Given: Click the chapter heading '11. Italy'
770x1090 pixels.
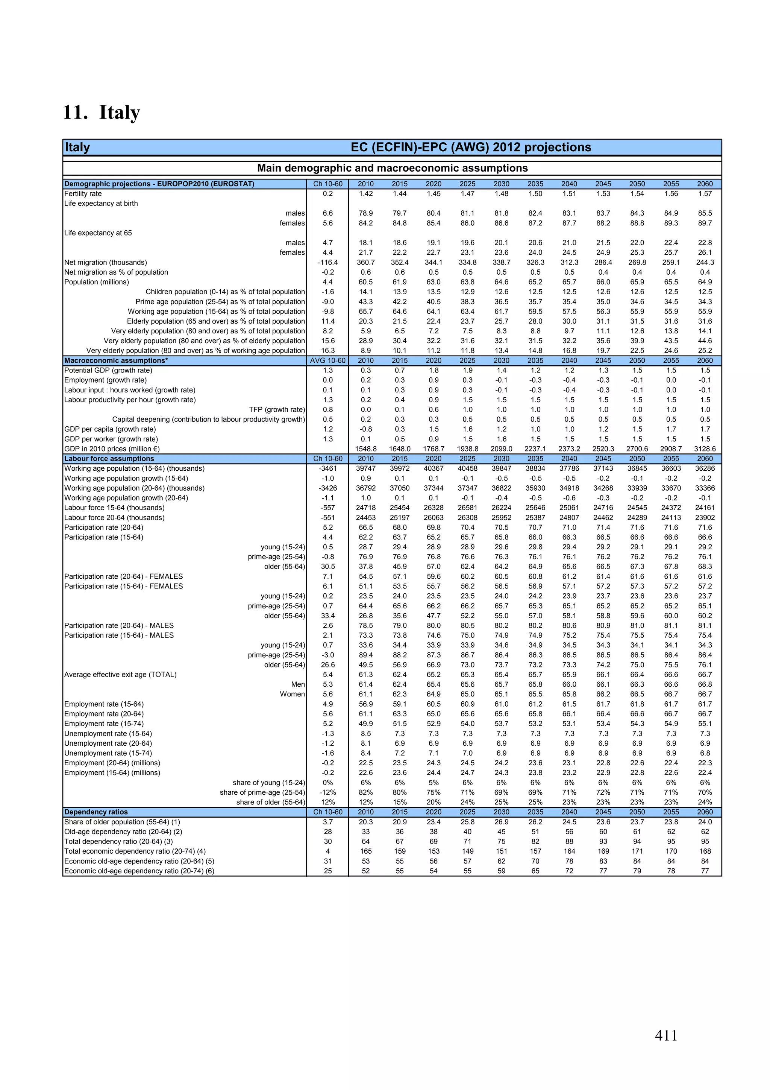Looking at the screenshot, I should click(x=102, y=112).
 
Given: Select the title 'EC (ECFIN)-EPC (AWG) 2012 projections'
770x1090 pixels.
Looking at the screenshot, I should click(x=471, y=147).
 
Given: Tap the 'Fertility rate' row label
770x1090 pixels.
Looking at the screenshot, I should click(x=83, y=194).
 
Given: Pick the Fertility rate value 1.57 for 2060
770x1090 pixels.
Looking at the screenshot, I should click(x=705, y=194).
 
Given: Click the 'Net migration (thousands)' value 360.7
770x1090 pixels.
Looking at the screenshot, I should click(x=365, y=263).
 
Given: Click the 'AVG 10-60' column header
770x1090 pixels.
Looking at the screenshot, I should click(x=327, y=360).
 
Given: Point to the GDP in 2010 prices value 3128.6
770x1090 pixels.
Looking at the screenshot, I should click(x=705, y=448).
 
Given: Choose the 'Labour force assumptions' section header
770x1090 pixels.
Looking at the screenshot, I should click(x=109, y=459).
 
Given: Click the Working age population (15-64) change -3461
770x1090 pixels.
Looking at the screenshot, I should click(x=327, y=468).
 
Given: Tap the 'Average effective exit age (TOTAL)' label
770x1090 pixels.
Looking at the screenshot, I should click(x=121, y=675).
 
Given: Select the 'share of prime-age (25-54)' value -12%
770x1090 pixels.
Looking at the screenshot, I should click(x=327, y=792).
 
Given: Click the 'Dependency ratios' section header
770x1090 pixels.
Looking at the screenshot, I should click(x=96, y=812).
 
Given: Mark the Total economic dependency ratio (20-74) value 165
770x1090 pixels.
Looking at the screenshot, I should click(x=365, y=851).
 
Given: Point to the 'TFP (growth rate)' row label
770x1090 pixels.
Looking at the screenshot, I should click(x=277, y=410).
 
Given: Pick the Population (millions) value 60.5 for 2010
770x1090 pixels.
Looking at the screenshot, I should click(x=365, y=282).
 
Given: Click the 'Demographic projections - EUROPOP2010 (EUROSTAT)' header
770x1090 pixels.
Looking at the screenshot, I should click(x=159, y=184).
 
